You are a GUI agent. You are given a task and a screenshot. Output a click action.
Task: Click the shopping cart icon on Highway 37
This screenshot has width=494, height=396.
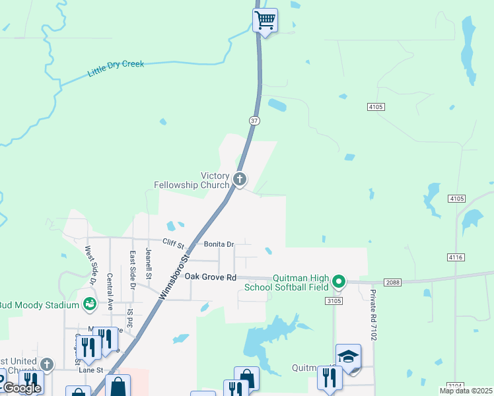[265, 20]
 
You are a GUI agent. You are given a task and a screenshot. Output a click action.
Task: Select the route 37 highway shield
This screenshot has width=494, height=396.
[254, 121]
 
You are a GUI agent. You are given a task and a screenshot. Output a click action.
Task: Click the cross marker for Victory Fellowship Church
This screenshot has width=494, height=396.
[240, 178]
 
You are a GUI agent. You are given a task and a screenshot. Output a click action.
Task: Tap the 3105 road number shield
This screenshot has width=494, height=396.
[334, 301]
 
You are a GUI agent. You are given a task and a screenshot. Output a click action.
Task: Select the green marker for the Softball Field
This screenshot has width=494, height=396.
[339, 282]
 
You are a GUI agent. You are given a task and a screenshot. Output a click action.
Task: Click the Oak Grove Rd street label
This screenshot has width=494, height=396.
[210, 277]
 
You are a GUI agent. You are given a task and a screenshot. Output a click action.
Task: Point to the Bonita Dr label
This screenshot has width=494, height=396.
[219, 244]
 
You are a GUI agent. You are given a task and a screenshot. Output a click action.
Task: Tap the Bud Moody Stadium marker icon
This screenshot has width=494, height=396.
[89, 304]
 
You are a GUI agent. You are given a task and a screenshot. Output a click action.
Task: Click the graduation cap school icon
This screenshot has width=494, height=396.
[348, 356]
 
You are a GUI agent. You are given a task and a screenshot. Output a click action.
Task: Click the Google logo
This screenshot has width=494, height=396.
[21, 389]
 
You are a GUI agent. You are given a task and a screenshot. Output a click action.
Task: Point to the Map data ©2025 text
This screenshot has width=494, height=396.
[466, 391]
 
